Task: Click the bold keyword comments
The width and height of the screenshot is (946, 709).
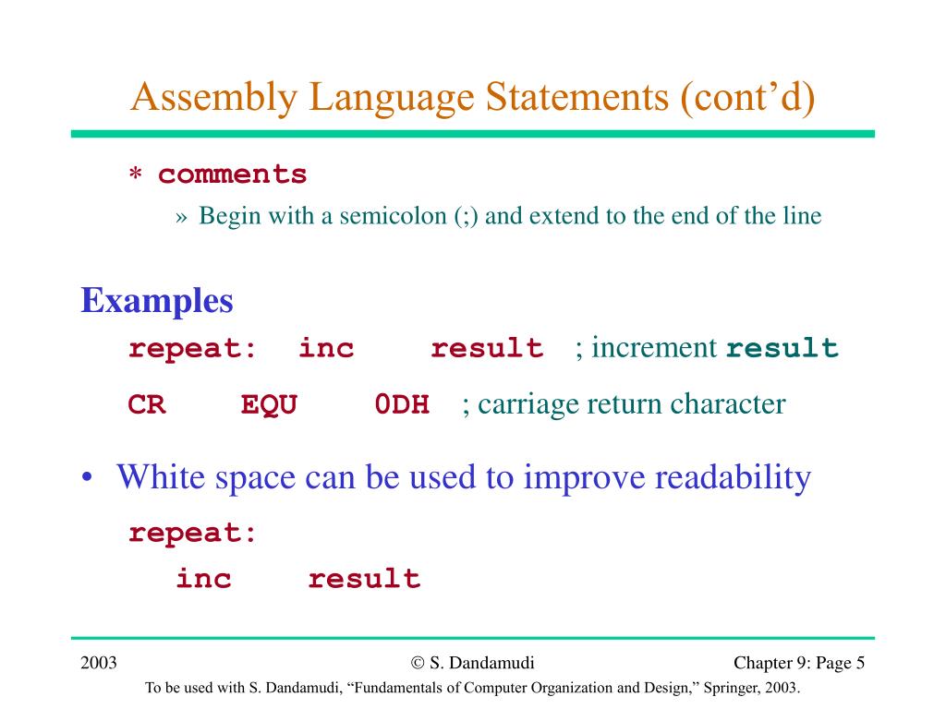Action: click(232, 174)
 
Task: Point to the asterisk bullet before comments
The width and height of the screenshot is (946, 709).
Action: click(135, 176)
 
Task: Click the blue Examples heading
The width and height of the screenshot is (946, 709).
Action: click(157, 301)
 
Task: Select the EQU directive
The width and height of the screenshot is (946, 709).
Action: click(269, 405)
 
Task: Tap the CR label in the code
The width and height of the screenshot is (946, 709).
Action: click(147, 405)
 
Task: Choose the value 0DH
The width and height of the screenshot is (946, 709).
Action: click(402, 405)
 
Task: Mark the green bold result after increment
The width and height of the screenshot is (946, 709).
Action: click(782, 349)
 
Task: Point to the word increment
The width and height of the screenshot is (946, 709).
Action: click(654, 348)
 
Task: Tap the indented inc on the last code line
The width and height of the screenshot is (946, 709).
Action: click(204, 580)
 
